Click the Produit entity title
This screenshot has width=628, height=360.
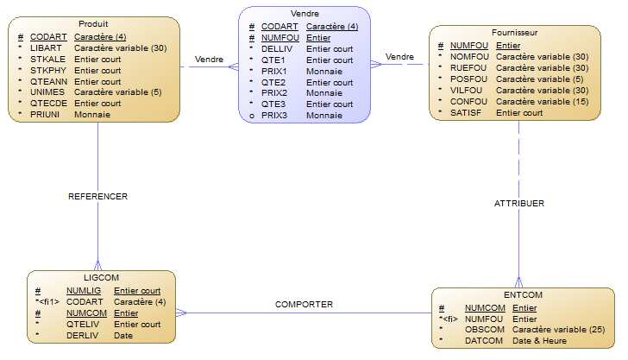pos(92,22)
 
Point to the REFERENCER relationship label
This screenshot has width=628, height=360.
pos(97,196)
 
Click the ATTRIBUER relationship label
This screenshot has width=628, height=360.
pos(519,204)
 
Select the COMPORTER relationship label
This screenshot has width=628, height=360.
pos(304,304)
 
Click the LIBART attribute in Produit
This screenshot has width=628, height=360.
pos(44,48)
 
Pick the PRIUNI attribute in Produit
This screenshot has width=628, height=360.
pos(44,114)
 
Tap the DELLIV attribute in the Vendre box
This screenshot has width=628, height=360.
pos(276,49)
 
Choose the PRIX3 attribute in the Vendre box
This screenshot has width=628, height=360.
pos(275,115)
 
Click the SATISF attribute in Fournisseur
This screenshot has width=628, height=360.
pos(466,112)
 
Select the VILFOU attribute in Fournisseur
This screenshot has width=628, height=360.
pos(468,90)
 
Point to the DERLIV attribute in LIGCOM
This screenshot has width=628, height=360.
pos(82,335)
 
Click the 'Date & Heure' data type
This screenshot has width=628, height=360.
pos(540,341)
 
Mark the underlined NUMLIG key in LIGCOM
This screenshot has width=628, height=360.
pos(84,291)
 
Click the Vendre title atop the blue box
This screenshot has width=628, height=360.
pos(305,15)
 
